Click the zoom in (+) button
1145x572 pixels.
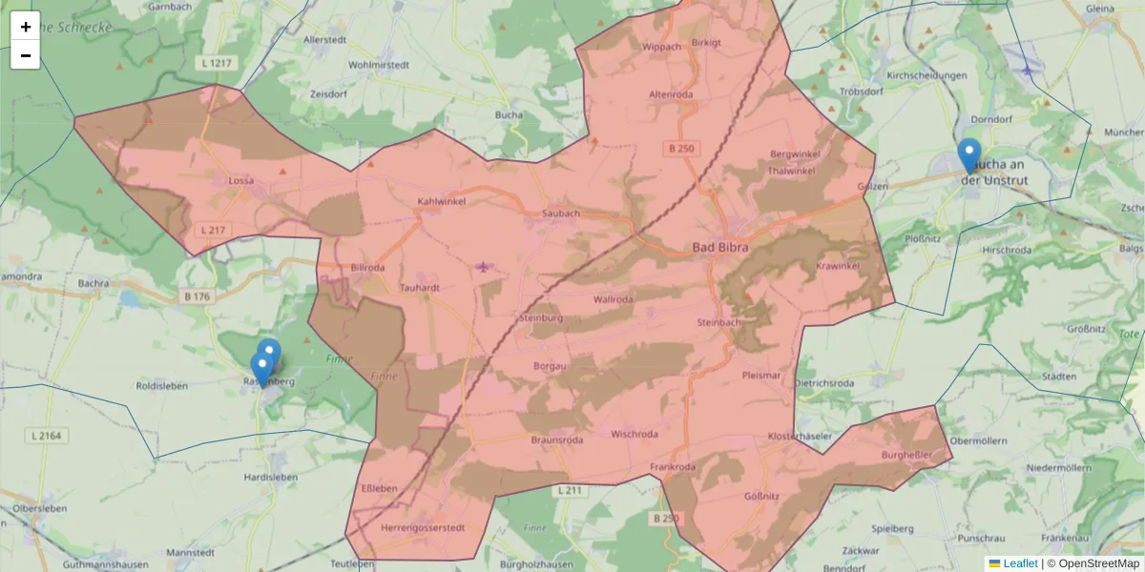[x=25, y=27]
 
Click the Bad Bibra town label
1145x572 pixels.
[x=720, y=248]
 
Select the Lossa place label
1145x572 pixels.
[x=240, y=180]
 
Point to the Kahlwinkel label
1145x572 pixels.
[x=440, y=202]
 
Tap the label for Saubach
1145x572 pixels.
[x=561, y=214]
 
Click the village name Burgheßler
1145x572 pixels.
[x=906, y=456]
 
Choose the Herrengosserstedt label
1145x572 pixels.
[x=422, y=528]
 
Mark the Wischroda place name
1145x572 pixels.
[x=635, y=435]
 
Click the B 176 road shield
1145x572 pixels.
[x=195, y=296]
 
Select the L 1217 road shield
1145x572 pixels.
[x=218, y=63]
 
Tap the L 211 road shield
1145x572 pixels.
[x=569, y=490]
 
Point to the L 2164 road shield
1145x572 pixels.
[x=46, y=436]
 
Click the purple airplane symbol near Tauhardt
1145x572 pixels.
[x=484, y=266]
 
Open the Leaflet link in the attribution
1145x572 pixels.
[x=1020, y=563]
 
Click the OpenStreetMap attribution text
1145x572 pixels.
[x=1098, y=563]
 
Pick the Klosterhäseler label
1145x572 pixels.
[x=800, y=436]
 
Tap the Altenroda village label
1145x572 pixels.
[x=671, y=95]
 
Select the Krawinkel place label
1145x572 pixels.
[x=839, y=265]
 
